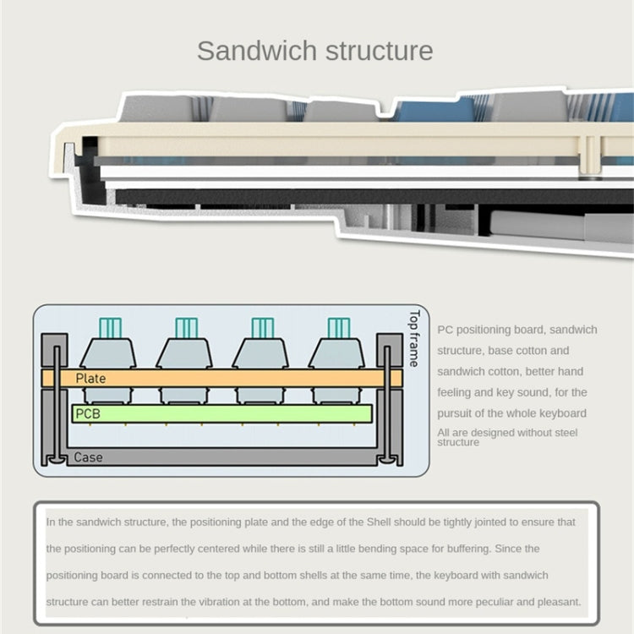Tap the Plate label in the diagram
(90, 379)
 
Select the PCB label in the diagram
(88, 413)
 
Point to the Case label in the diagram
(88, 457)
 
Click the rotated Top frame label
(413, 337)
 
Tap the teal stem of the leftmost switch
(111, 327)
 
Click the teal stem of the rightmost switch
(338, 327)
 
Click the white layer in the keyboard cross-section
(338, 172)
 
